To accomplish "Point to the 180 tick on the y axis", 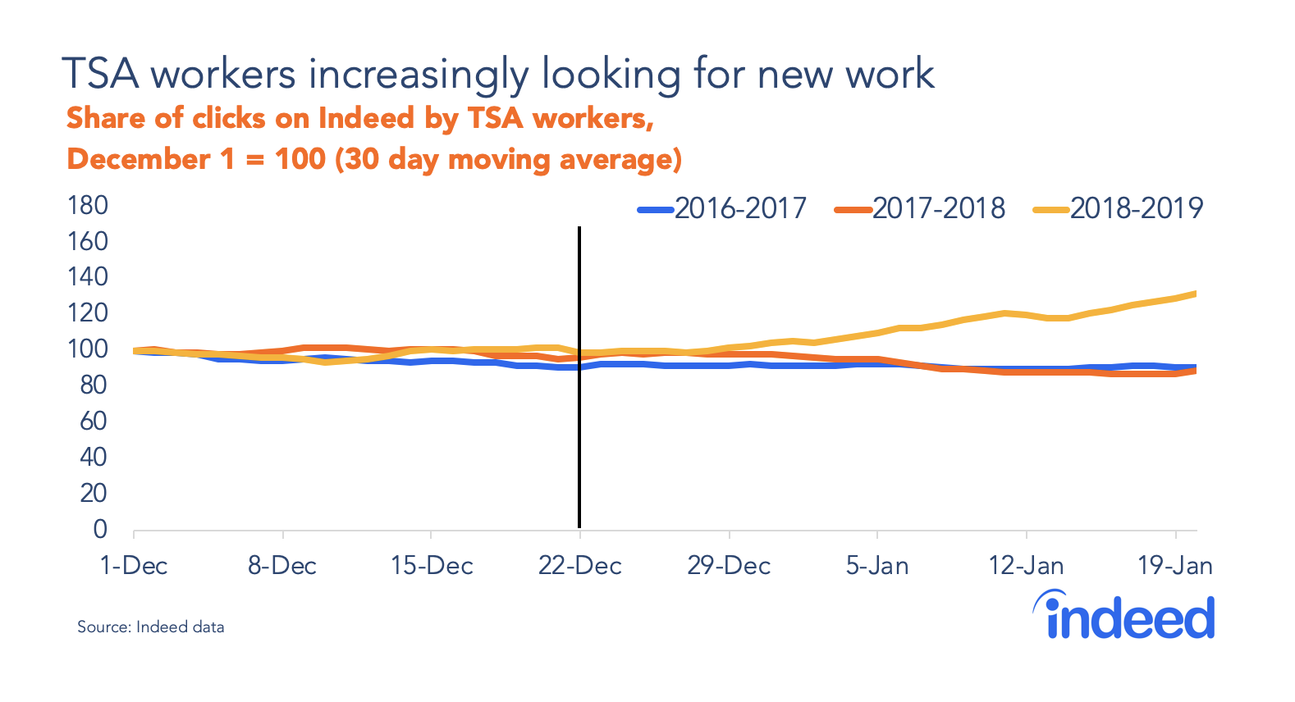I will pos(88,205).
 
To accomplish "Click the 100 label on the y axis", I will pos(88,349).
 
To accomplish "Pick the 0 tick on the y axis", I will pos(100,529).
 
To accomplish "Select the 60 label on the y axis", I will pos(93,421).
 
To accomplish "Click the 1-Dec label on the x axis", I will pos(134,566).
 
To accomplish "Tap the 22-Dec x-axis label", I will pos(580,566).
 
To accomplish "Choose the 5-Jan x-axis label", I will pos(877,566).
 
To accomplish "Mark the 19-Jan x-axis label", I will pos(1174,566).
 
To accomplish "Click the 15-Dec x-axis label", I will pos(432,566).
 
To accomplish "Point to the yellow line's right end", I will pos(1194,294).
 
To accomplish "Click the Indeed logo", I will pos(1124,616).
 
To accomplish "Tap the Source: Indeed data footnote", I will pos(150,627).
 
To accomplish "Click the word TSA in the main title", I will pos(100,74).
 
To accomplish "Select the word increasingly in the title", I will pos(419,74).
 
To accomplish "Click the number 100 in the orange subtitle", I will pos(300,158).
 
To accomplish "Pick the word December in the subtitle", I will pos(138,158).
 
